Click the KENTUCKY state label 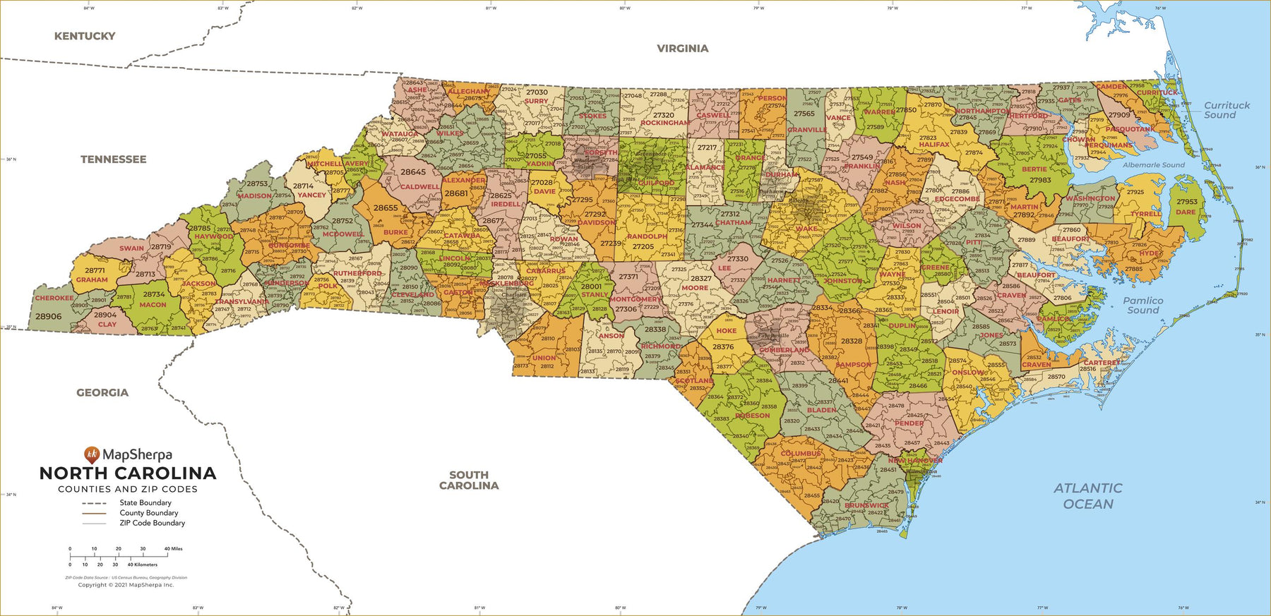pos(85,36)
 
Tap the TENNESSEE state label pos(113,159)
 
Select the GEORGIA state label pos(102,392)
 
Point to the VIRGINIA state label pos(682,49)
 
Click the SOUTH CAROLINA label pos(469,480)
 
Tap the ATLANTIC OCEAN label pos(1087,495)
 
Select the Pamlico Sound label pos(1143,305)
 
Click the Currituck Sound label pos(1227,110)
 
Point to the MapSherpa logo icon pos(91,455)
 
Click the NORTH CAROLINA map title pos(128,473)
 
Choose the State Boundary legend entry pos(145,503)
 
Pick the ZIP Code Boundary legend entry pos(152,523)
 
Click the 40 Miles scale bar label pos(173,548)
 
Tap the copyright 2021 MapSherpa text pos(126,584)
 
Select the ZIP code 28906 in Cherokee pos(49,317)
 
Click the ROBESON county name pos(753,416)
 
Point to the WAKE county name pos(806,229)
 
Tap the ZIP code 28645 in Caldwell pos(413,171)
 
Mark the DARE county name pos(1186,212)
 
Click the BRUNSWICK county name pos(866,505)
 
